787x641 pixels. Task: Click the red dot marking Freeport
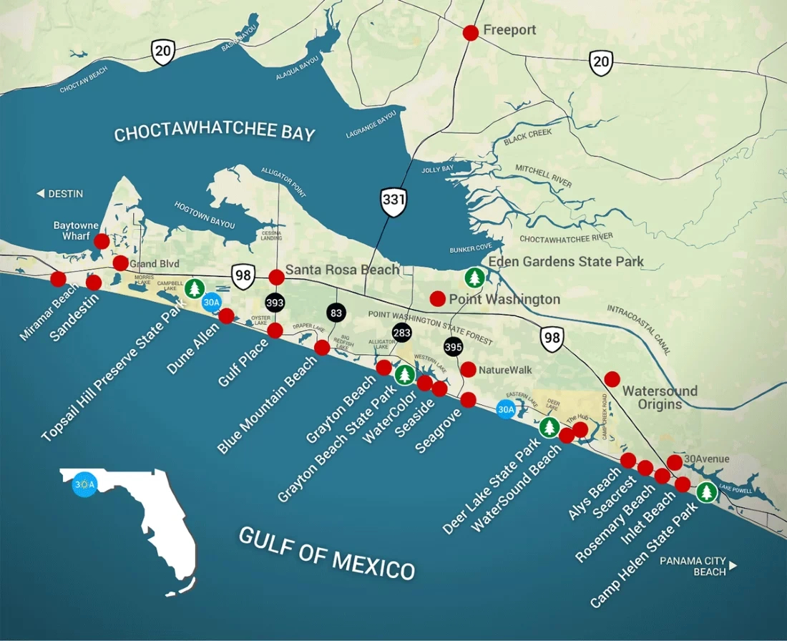click(x=471, y=32)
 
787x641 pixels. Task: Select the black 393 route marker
click(x=275, y=303)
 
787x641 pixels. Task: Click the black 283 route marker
click(x=402, y=333)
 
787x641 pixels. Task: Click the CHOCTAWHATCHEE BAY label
click(x=215, y=134)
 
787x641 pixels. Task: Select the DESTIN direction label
click(x=60, y=194)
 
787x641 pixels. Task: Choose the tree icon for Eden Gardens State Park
click(x=474, y=278)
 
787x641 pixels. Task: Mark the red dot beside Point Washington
click(x=437, y=298)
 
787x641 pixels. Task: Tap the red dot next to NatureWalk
click(x=468, y=370)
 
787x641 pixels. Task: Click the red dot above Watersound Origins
click(x=612, y=378)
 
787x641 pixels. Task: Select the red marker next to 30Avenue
click(x=674, y=462)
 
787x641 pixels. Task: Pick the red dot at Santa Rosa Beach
click(x=276, y=277)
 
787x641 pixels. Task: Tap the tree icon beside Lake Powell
click(x=707, y=492)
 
